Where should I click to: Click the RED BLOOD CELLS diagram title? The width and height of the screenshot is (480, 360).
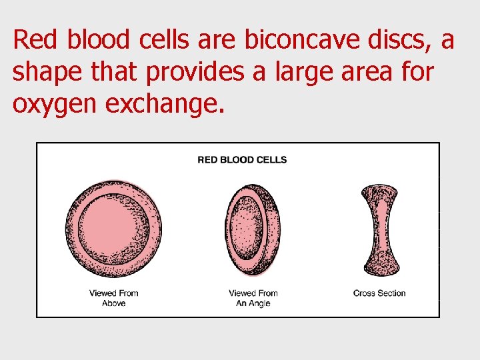(243, 160)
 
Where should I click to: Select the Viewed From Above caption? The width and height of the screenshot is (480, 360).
(113, 298)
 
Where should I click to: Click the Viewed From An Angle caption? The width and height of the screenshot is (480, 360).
(253, 298)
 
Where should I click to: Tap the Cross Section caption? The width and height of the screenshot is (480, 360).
(379, 293)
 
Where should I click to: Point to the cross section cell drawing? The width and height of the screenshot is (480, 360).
(379, 230)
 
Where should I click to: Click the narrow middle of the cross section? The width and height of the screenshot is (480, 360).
(379, 230)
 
